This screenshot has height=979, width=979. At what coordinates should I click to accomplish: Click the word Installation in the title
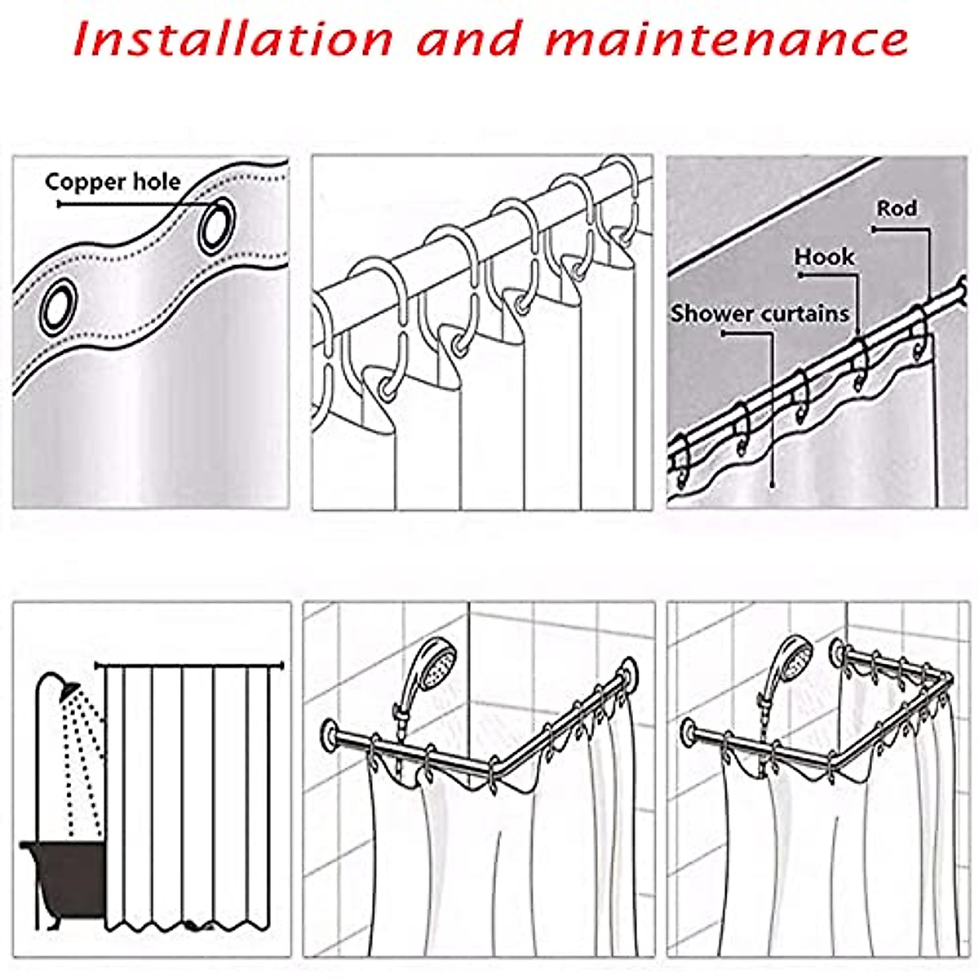coord(233,38)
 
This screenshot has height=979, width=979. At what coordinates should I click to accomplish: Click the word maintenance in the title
coord(727,40)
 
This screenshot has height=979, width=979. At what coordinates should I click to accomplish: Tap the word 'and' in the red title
coord(469,38)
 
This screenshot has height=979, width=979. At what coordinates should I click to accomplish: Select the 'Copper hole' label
coord(113,182)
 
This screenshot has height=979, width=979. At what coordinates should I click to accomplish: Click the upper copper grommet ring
coord(217,225)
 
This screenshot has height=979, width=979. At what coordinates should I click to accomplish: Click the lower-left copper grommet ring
coord(59,307)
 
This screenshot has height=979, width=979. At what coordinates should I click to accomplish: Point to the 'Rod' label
coord(897,208)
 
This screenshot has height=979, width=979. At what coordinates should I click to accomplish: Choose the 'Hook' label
coord(824,257)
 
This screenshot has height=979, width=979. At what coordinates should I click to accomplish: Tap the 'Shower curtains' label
coord(760,313)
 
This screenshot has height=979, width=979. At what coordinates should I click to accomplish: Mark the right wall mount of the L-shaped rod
coord(628,675)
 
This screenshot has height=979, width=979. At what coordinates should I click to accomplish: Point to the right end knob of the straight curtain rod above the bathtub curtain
coord(281,665)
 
